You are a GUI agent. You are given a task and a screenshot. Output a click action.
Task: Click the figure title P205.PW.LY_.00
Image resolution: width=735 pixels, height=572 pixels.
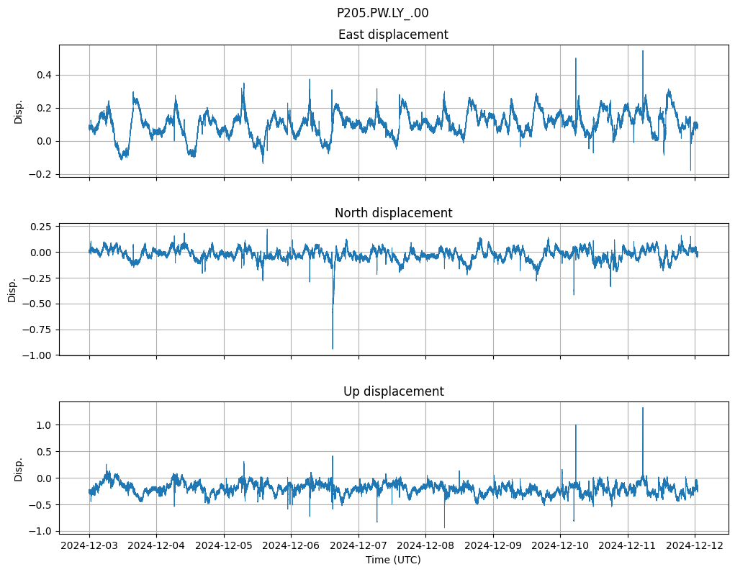[382, 13]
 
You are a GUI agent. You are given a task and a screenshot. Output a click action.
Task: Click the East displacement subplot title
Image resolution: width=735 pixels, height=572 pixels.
[393, 35]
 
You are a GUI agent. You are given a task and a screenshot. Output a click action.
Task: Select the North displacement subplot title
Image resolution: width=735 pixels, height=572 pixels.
[393, 213]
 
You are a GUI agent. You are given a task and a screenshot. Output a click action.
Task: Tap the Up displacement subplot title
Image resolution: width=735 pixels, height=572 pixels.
[393, 391]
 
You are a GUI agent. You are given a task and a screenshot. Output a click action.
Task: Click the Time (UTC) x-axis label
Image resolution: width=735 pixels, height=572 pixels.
[393, 560]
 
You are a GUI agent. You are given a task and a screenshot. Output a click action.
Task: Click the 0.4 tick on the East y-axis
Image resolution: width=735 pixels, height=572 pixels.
[44, 75]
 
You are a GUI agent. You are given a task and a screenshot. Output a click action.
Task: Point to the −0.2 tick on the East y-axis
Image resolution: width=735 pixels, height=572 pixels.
[41, 174]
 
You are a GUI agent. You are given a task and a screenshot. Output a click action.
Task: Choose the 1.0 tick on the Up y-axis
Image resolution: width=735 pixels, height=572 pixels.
[44, 425]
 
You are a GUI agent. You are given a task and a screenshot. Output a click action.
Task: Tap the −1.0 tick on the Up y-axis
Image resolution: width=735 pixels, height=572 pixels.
[41, 531]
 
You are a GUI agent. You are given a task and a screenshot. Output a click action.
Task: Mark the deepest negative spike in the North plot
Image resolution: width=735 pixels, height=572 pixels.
[333, 349]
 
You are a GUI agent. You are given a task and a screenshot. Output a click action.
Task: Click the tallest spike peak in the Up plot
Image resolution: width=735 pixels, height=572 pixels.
[643, 408]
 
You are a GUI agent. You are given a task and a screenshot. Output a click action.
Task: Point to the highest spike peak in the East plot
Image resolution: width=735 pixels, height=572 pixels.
[643, 51]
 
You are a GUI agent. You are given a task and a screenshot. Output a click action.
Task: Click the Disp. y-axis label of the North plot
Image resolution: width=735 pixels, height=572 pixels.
[13, 290]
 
